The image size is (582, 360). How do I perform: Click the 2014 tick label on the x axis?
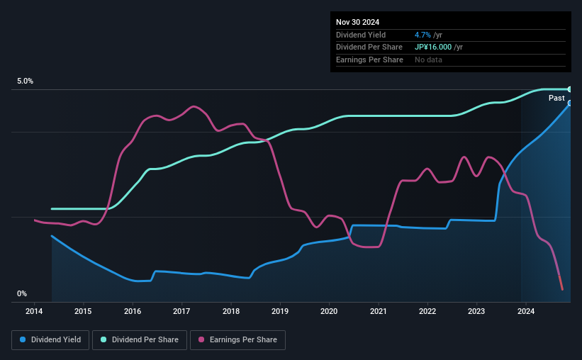click(x=34, y=311)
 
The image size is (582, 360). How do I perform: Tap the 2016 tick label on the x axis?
click(x=133, y=311)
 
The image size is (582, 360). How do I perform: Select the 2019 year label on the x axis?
click(x=280, y=311)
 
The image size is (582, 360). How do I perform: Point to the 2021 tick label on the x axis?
click(x=379, y=311)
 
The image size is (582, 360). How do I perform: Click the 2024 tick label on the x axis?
click(x=526, y=311)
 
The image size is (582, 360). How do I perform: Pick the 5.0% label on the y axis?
click(x=26, y=81)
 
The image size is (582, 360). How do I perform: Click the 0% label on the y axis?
click(x=22, y=293)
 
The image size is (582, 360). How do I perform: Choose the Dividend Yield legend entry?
click(x=50, y=340)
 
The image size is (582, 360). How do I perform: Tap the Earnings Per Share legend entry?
click(x=237, y=340)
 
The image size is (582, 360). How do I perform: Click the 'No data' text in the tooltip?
click(x=429, y=60)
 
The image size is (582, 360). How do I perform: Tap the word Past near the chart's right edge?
click(x=556, y=98)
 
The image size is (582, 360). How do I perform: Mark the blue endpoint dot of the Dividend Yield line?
click(x=569, y=103)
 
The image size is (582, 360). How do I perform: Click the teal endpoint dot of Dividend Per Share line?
click(x=569, y=89)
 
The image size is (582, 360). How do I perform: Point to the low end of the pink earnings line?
click(x=562, y=288)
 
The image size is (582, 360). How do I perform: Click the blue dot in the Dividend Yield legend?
click(x=23, y=340)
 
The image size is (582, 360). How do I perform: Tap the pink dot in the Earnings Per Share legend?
click(x=201, y=340)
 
